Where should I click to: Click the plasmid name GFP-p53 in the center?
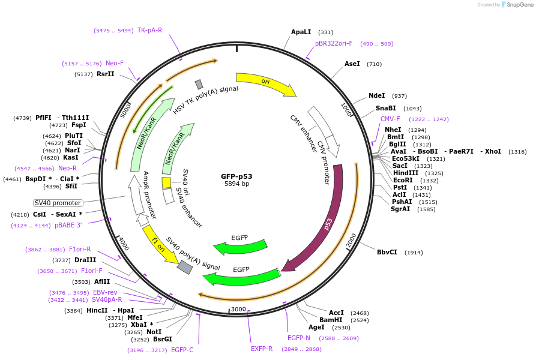236,176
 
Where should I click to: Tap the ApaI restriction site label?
301,32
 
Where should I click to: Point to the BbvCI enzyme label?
387,252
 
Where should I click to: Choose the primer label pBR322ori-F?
334,43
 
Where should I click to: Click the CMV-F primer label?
390,119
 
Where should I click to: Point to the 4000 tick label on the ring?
123,243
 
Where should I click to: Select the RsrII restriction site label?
105,74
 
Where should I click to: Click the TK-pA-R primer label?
149,30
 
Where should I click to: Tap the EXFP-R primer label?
262,349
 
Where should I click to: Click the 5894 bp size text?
236,184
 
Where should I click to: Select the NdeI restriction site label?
376,95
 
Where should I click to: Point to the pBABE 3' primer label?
68,225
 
